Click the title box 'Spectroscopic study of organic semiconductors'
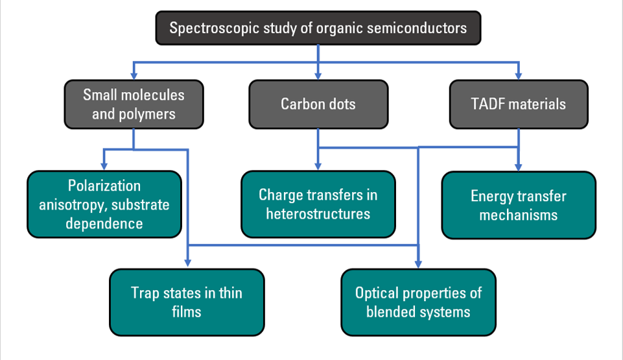tap(318, 28)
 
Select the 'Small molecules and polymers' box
tap(134, 104)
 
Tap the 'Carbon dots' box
tap(318, 104)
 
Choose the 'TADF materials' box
tap(519, 104)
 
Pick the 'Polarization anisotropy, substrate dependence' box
tap(104, 204)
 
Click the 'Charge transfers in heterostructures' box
tap(318, 204)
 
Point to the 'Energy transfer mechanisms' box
tap(519, 205)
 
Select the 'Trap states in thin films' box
tap(187, 302)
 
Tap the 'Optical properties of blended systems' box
tap(418, 302)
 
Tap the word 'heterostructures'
tap(318, 214)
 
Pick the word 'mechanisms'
tap(519, 215)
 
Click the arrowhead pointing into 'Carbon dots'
tap(318, 76)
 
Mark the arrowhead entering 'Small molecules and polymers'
tap(134, 76)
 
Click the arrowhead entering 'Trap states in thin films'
tap(188, 263)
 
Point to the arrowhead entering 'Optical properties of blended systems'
tap(418, 263)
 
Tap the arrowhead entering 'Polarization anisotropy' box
tap(104, 166)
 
